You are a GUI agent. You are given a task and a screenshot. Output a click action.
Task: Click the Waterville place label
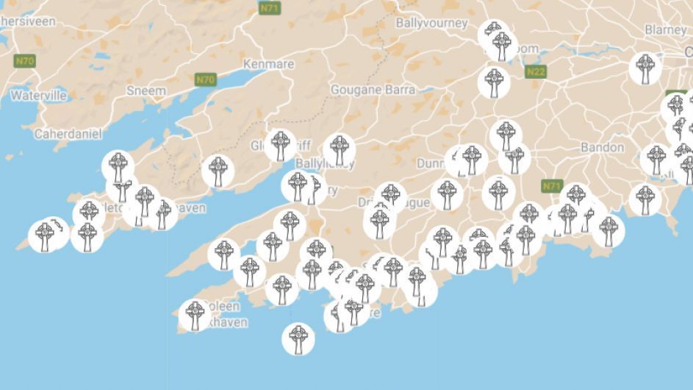click(38, 96)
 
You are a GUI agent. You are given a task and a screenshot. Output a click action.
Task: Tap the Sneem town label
click(147, 90)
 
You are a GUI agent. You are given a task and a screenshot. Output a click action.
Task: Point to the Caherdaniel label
click(68, 134)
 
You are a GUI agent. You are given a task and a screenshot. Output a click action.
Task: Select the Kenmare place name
click(268, 64)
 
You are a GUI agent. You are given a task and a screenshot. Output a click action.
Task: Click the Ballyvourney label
click(431, 23)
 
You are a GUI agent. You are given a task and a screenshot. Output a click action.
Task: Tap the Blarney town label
click(665, 29)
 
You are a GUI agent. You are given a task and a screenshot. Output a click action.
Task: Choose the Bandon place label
click(602, 147)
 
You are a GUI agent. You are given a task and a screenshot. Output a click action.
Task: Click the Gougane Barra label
click(373, 90)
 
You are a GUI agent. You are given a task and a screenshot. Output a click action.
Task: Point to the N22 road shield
click(536, 71)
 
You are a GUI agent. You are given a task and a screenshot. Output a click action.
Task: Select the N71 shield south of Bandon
click(551, 186)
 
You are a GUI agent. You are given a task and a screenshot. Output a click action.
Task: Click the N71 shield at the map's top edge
click(268, 7)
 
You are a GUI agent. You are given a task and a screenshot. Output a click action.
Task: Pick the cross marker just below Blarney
click(646, 68)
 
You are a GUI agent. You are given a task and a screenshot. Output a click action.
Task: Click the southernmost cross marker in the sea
click(298, 338)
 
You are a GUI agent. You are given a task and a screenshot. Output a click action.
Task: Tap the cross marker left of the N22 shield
click(495, 82)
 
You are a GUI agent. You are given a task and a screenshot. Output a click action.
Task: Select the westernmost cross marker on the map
click(46, 236)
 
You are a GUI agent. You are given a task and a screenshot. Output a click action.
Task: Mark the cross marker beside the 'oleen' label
click(195, 315)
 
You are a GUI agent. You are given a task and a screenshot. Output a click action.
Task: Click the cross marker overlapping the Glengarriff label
click(280, 145)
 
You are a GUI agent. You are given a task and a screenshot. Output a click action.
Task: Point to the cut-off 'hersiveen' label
click(28, 22)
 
